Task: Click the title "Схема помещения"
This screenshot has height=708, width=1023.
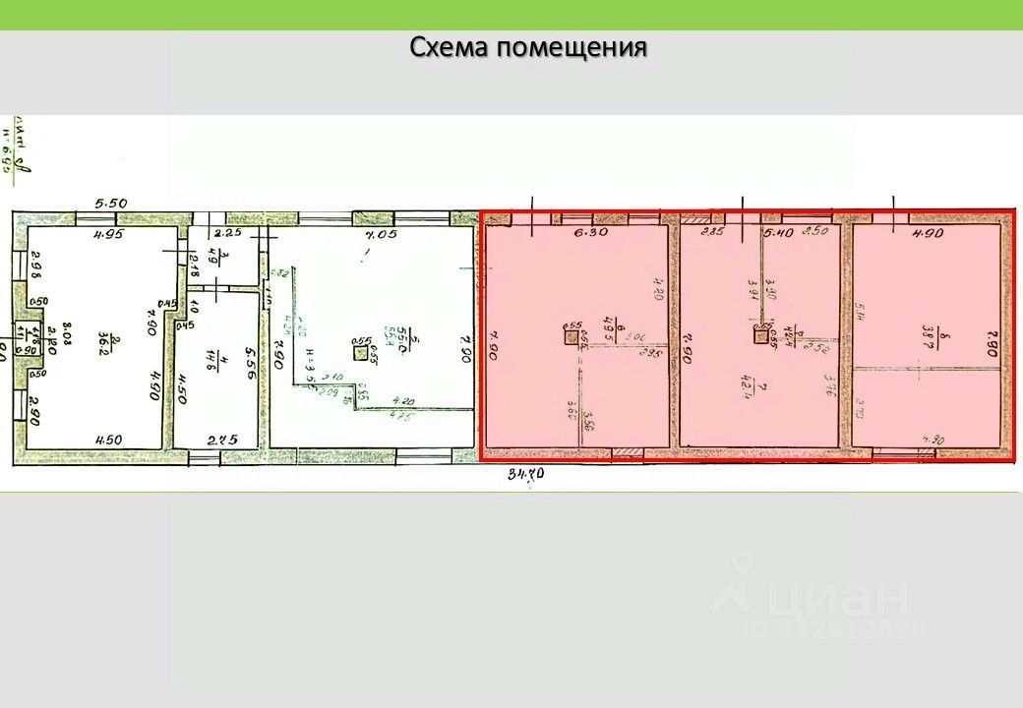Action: click(528, 47)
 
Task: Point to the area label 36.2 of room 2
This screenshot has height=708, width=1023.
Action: click(115, 341)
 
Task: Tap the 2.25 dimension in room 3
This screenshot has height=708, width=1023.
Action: click(228, 233)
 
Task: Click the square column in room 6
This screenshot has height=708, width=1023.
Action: click(572, 337)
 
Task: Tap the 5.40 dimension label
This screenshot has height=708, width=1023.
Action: click(779, 233)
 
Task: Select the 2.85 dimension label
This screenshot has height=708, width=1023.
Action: click(711, 233)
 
